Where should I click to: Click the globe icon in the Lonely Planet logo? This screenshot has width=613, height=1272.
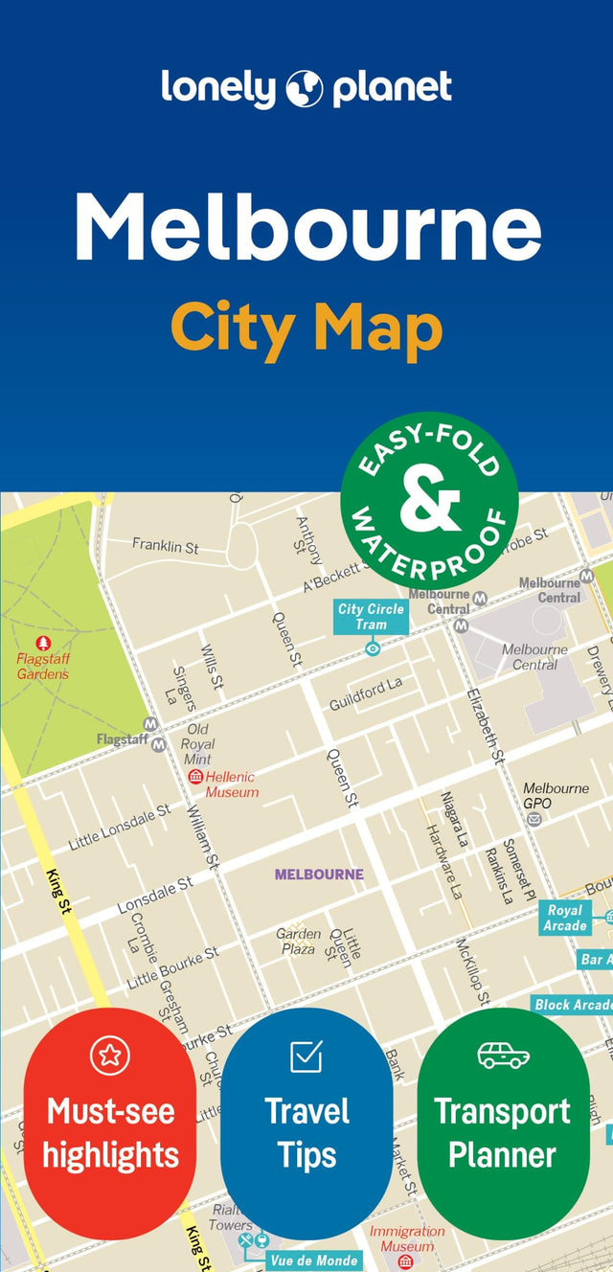(x=306, y=89)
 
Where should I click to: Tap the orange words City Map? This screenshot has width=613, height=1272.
(x=306, y=329)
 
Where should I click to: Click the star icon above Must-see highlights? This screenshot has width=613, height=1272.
(x=109, y=1056)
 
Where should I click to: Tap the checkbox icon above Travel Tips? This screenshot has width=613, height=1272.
(x=306, y=1056)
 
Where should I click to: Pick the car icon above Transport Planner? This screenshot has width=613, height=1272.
(x=503, y=1056)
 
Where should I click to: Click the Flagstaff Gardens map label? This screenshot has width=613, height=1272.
(x=43, y=667)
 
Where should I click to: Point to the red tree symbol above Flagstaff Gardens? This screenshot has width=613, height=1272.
(x=43, y=643)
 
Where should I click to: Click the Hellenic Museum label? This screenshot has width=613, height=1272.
(x=232, y=784)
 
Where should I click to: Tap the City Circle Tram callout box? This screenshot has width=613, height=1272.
(x=371, y=617)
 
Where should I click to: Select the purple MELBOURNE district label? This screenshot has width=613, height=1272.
(x=319, y=874)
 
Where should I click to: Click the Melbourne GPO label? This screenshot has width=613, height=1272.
(x=556, y=795)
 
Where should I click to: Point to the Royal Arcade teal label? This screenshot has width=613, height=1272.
(x=565, y=918)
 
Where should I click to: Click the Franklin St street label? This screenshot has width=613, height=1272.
(x=165, y=546)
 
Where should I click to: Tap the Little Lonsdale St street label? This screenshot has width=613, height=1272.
(x=119, y=828)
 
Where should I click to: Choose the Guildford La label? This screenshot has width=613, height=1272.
(x=366, y=693)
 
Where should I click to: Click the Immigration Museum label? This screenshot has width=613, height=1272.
(x=407, y=1238)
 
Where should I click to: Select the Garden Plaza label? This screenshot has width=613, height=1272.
(x=297, y=941)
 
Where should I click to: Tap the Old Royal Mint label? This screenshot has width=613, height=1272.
(x=198, y=744)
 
